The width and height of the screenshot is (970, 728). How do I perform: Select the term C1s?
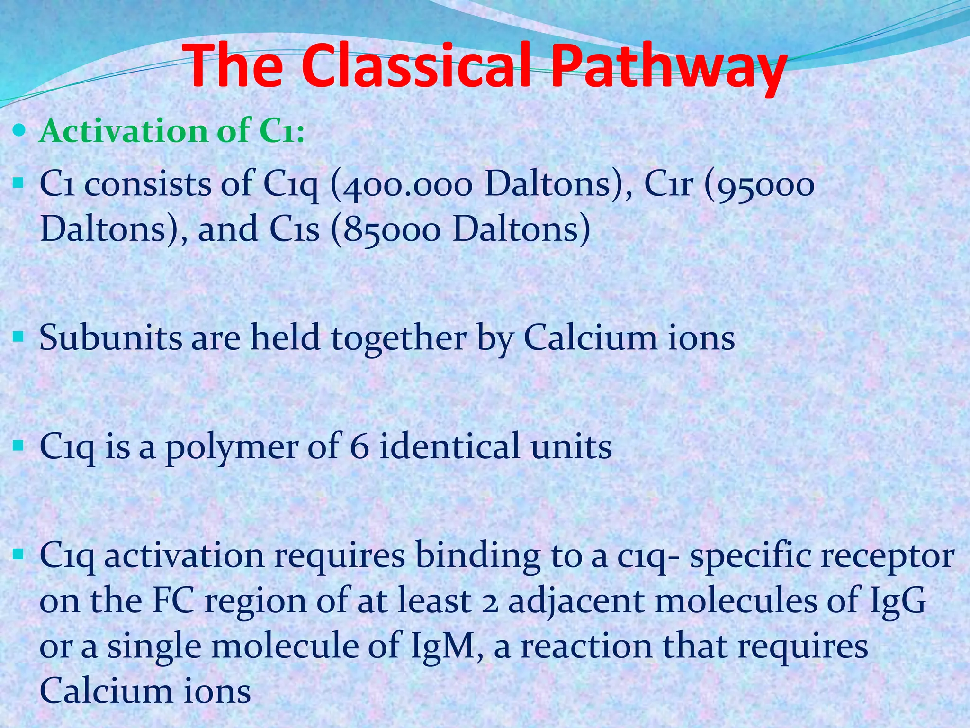(295, 229)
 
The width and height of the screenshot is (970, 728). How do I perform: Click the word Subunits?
(110, 338)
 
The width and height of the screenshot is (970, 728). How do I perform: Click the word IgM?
(447, 646)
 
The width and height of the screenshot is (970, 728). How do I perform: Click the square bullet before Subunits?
(18, 337)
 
